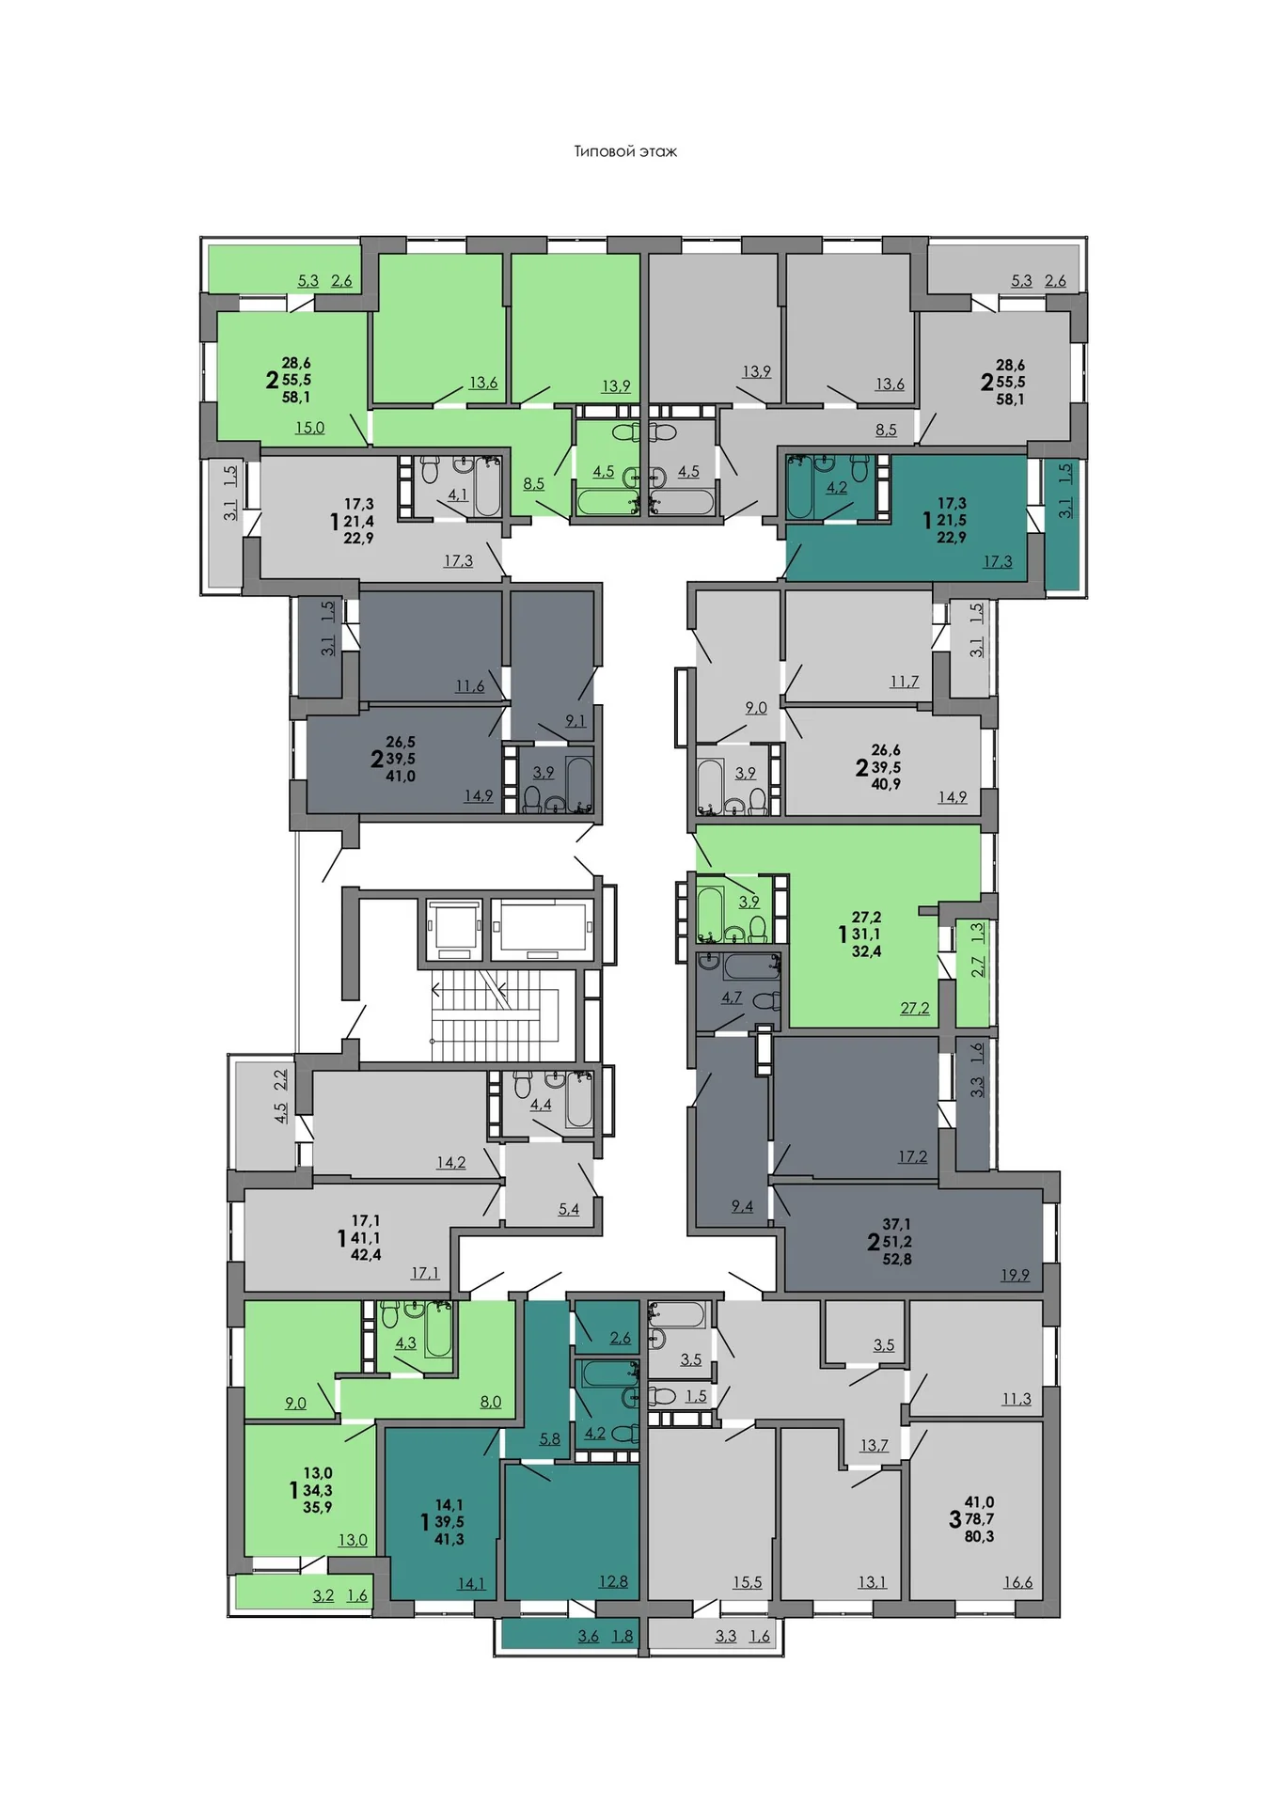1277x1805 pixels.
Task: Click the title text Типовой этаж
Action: click(x=625, y=151)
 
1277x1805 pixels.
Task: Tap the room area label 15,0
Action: click(x=309, y=428)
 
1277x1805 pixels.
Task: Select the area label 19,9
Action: click(x=1015, y=1275)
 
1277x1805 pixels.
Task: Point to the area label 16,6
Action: click(x=1017, y=1582)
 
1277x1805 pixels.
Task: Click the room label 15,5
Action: click(x=748, y=1582)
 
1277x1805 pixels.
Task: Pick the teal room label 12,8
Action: click(x=613, y=1581)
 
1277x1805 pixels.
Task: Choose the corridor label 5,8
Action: click(x=549, y=1438)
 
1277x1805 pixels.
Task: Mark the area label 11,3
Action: click(x=1016, y=1399)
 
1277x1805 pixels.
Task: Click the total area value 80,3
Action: click(x=979, y=1536)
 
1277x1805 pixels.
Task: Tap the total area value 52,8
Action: click(x=897, y=1259)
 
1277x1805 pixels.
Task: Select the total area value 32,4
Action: click(x=866, y=951)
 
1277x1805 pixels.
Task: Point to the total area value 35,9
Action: click(x=318, y=1507)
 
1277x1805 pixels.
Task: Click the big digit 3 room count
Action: click(x=954, y=1519)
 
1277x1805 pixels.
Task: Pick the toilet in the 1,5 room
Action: click(x=661, y=1396)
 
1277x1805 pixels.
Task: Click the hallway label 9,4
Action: click(x=742, y=1206)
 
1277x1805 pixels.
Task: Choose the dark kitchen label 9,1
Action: click(x=575, y=721)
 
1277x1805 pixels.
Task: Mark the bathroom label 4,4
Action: click(x=541, y=1105)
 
